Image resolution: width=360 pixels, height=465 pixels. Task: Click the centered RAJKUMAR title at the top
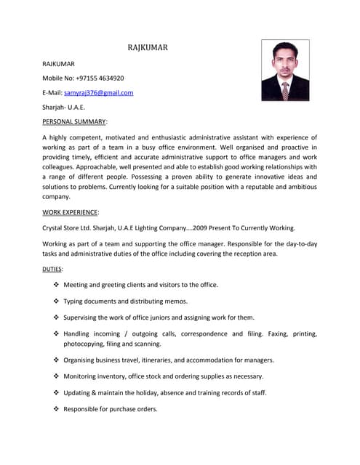[148, 48]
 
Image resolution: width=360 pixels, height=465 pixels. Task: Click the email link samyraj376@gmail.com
[98, 93]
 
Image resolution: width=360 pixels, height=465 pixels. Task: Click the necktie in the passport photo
[285, 89]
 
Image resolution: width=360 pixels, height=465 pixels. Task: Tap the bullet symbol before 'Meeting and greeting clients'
[57, 285]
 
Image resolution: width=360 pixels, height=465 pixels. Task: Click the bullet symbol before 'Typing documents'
[57, 301]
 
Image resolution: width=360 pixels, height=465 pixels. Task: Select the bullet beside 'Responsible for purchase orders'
[57, 409]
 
